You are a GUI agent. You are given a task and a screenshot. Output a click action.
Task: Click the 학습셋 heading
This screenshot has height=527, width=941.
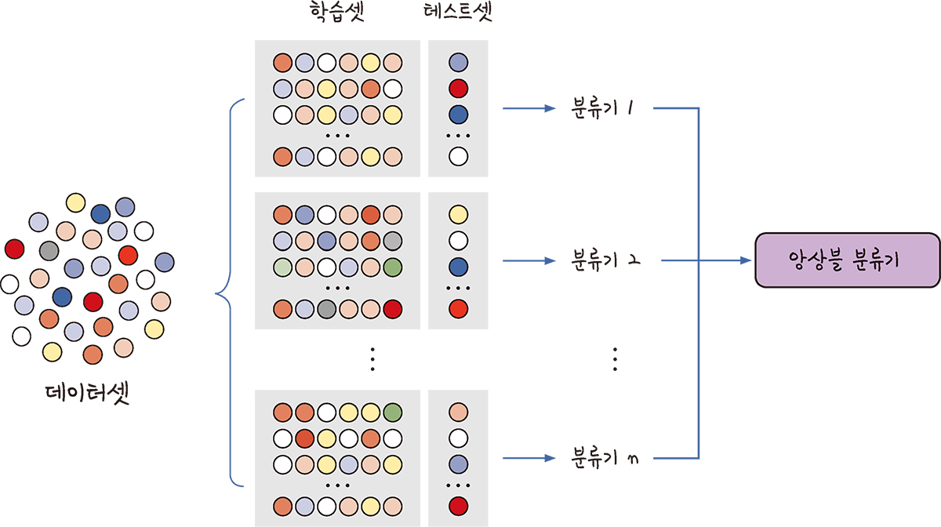pos(331,15)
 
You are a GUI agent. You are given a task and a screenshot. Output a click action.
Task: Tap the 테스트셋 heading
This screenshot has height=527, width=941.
pos(459,15)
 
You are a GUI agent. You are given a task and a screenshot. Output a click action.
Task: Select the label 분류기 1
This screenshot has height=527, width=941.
pos(601,108)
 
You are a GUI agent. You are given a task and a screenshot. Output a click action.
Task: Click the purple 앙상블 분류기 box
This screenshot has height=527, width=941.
pos(846,260)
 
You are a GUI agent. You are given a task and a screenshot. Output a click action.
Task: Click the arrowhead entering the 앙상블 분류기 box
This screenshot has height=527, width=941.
pos(745,260)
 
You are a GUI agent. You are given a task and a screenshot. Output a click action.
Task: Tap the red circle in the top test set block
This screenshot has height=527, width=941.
pos(459,87)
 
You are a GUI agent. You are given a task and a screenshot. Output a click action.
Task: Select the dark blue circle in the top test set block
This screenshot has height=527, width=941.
pos(459,114)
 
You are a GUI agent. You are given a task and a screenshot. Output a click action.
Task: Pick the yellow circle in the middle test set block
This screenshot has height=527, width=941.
pos(459,213)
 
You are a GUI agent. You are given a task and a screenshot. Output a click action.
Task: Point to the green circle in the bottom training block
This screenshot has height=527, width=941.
pos(394,411)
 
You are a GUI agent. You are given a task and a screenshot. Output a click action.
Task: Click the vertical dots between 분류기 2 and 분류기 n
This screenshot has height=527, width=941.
pos(616,358)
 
